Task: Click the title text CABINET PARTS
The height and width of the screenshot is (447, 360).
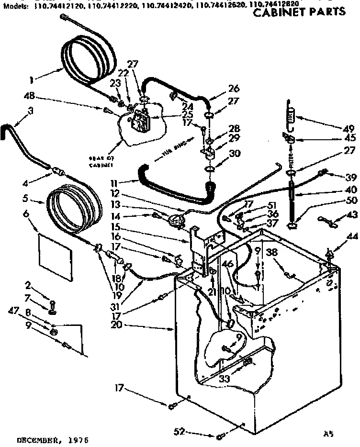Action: [x=299, y=12]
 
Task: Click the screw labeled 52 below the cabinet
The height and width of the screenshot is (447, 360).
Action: [x=220, y=436]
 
